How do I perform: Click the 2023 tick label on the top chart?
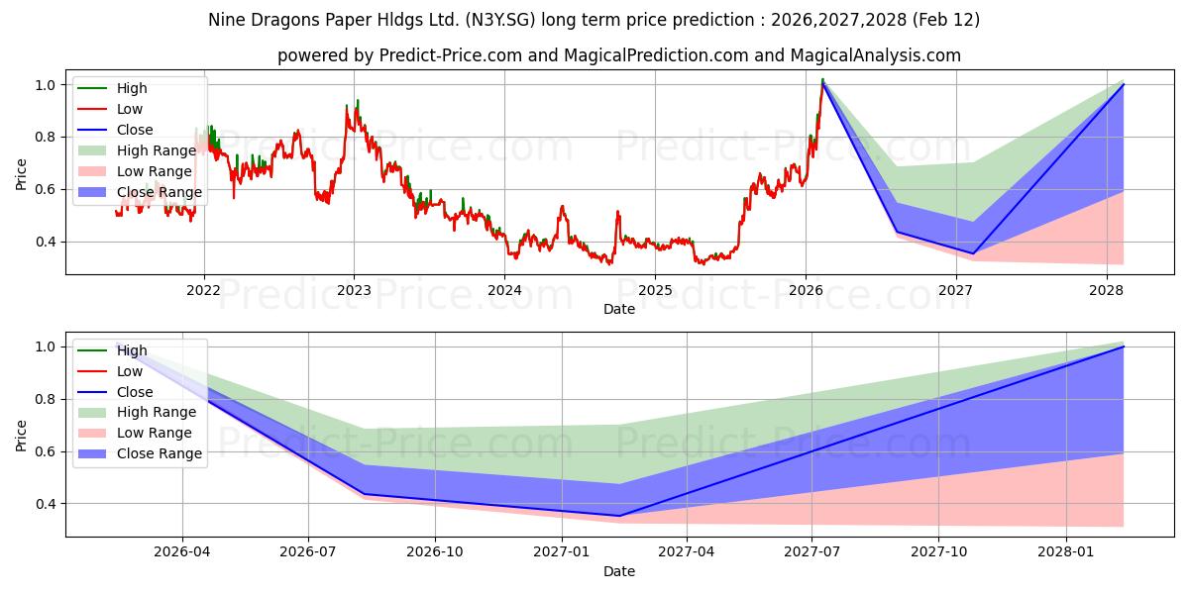[354, 290]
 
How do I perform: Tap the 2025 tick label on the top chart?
[655, 290]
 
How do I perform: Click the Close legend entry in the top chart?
[135, 130]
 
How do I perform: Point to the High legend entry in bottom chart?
[132, 350]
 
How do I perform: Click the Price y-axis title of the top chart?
[21, 174]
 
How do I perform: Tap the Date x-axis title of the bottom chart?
[619, 571]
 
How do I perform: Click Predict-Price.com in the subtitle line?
[451, 55]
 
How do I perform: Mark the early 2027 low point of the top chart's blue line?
[972, 253]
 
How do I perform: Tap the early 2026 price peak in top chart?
[822, 81]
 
